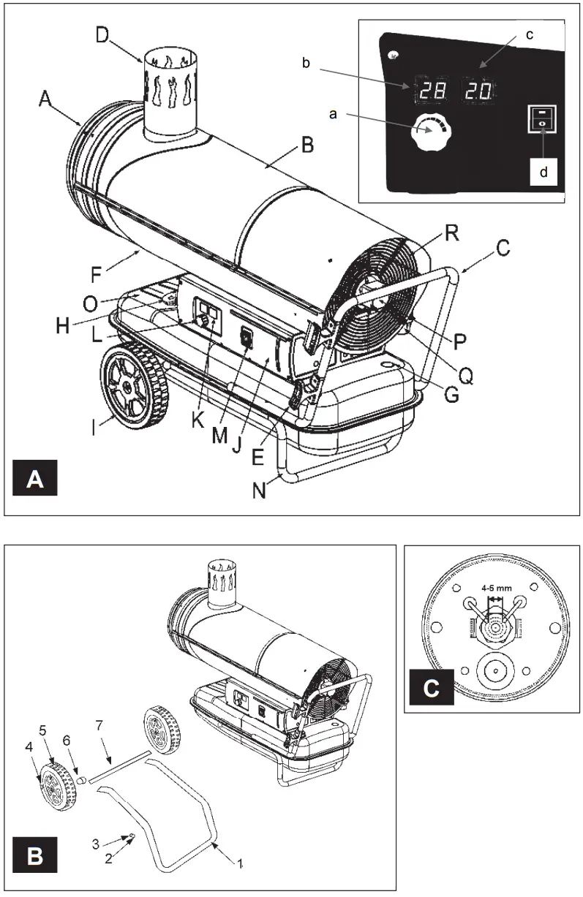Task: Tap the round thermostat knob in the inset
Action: point(431,133)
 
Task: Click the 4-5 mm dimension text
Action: point(495,586)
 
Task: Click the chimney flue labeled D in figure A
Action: point(170,94)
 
